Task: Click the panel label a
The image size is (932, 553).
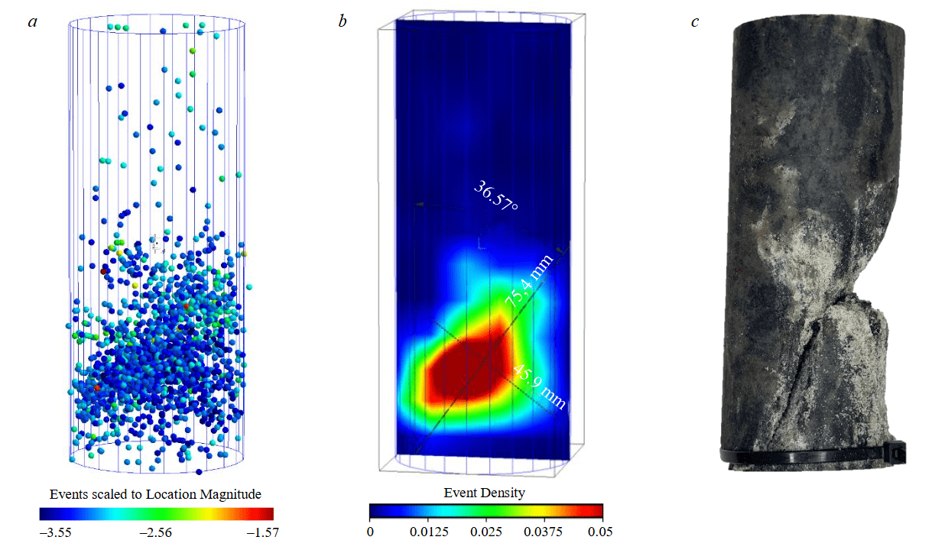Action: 33,21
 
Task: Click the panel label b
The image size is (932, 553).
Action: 343,21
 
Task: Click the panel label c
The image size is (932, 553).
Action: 694,21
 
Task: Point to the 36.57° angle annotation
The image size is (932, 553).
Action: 496,196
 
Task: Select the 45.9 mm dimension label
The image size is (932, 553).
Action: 540,386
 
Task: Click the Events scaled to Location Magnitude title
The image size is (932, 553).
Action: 155,493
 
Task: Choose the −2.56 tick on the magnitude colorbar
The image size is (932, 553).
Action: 156,532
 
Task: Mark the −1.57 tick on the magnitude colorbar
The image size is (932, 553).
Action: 258,532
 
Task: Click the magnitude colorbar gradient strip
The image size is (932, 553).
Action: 156,514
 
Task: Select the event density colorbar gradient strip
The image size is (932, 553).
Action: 485,511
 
